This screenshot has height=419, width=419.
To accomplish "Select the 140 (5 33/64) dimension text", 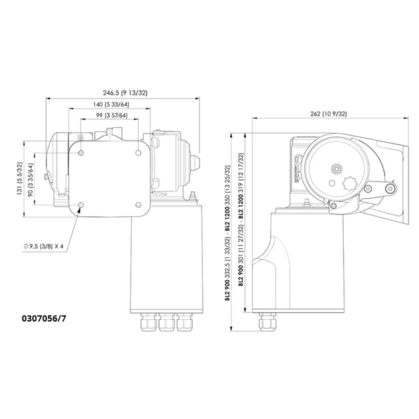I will pyautogui.click(x=111, y=105).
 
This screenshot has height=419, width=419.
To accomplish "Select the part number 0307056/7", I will pyautogui.click(x=44, y=318).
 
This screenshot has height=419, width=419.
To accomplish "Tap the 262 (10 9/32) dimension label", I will pyautogui.click(x=329, y=114).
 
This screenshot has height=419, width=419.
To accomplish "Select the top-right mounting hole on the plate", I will pyautogui.click(x=138, y=153).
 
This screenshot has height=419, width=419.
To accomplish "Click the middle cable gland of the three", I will pyautogui.click(x=166, y=323).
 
